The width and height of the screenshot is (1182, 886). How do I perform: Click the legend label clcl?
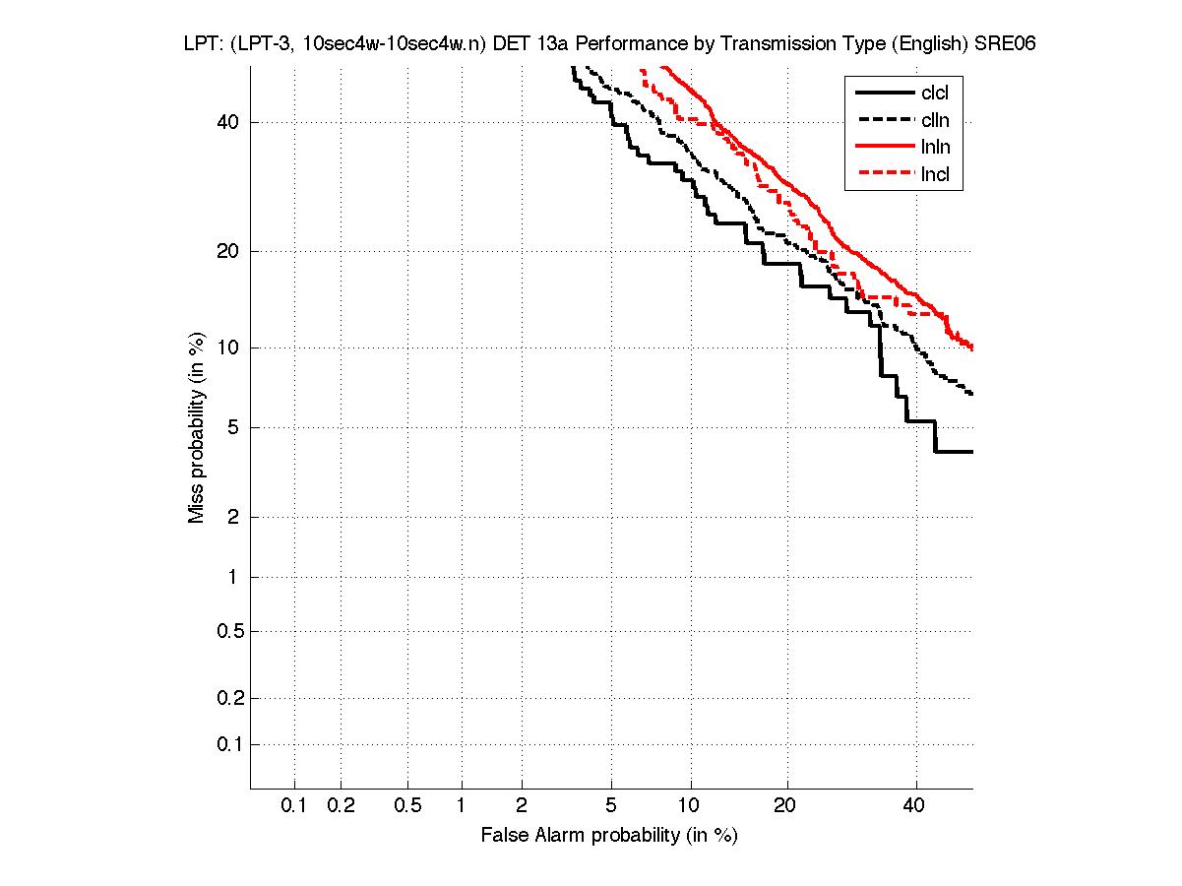tap(935, 94)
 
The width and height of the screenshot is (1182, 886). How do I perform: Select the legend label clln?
tap(935, 120)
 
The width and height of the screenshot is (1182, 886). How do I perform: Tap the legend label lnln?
tap(935, 148)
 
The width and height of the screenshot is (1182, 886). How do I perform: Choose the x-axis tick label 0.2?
tap(341, 805)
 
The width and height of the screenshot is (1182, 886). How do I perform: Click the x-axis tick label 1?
tap(461, 805)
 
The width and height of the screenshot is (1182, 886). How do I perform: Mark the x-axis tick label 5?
tap(611, 805)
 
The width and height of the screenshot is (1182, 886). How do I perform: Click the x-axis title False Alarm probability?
tap(609, 836)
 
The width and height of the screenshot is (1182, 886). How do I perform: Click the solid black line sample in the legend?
tap(885, 94)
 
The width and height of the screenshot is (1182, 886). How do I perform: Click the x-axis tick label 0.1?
tap(294, 805)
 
